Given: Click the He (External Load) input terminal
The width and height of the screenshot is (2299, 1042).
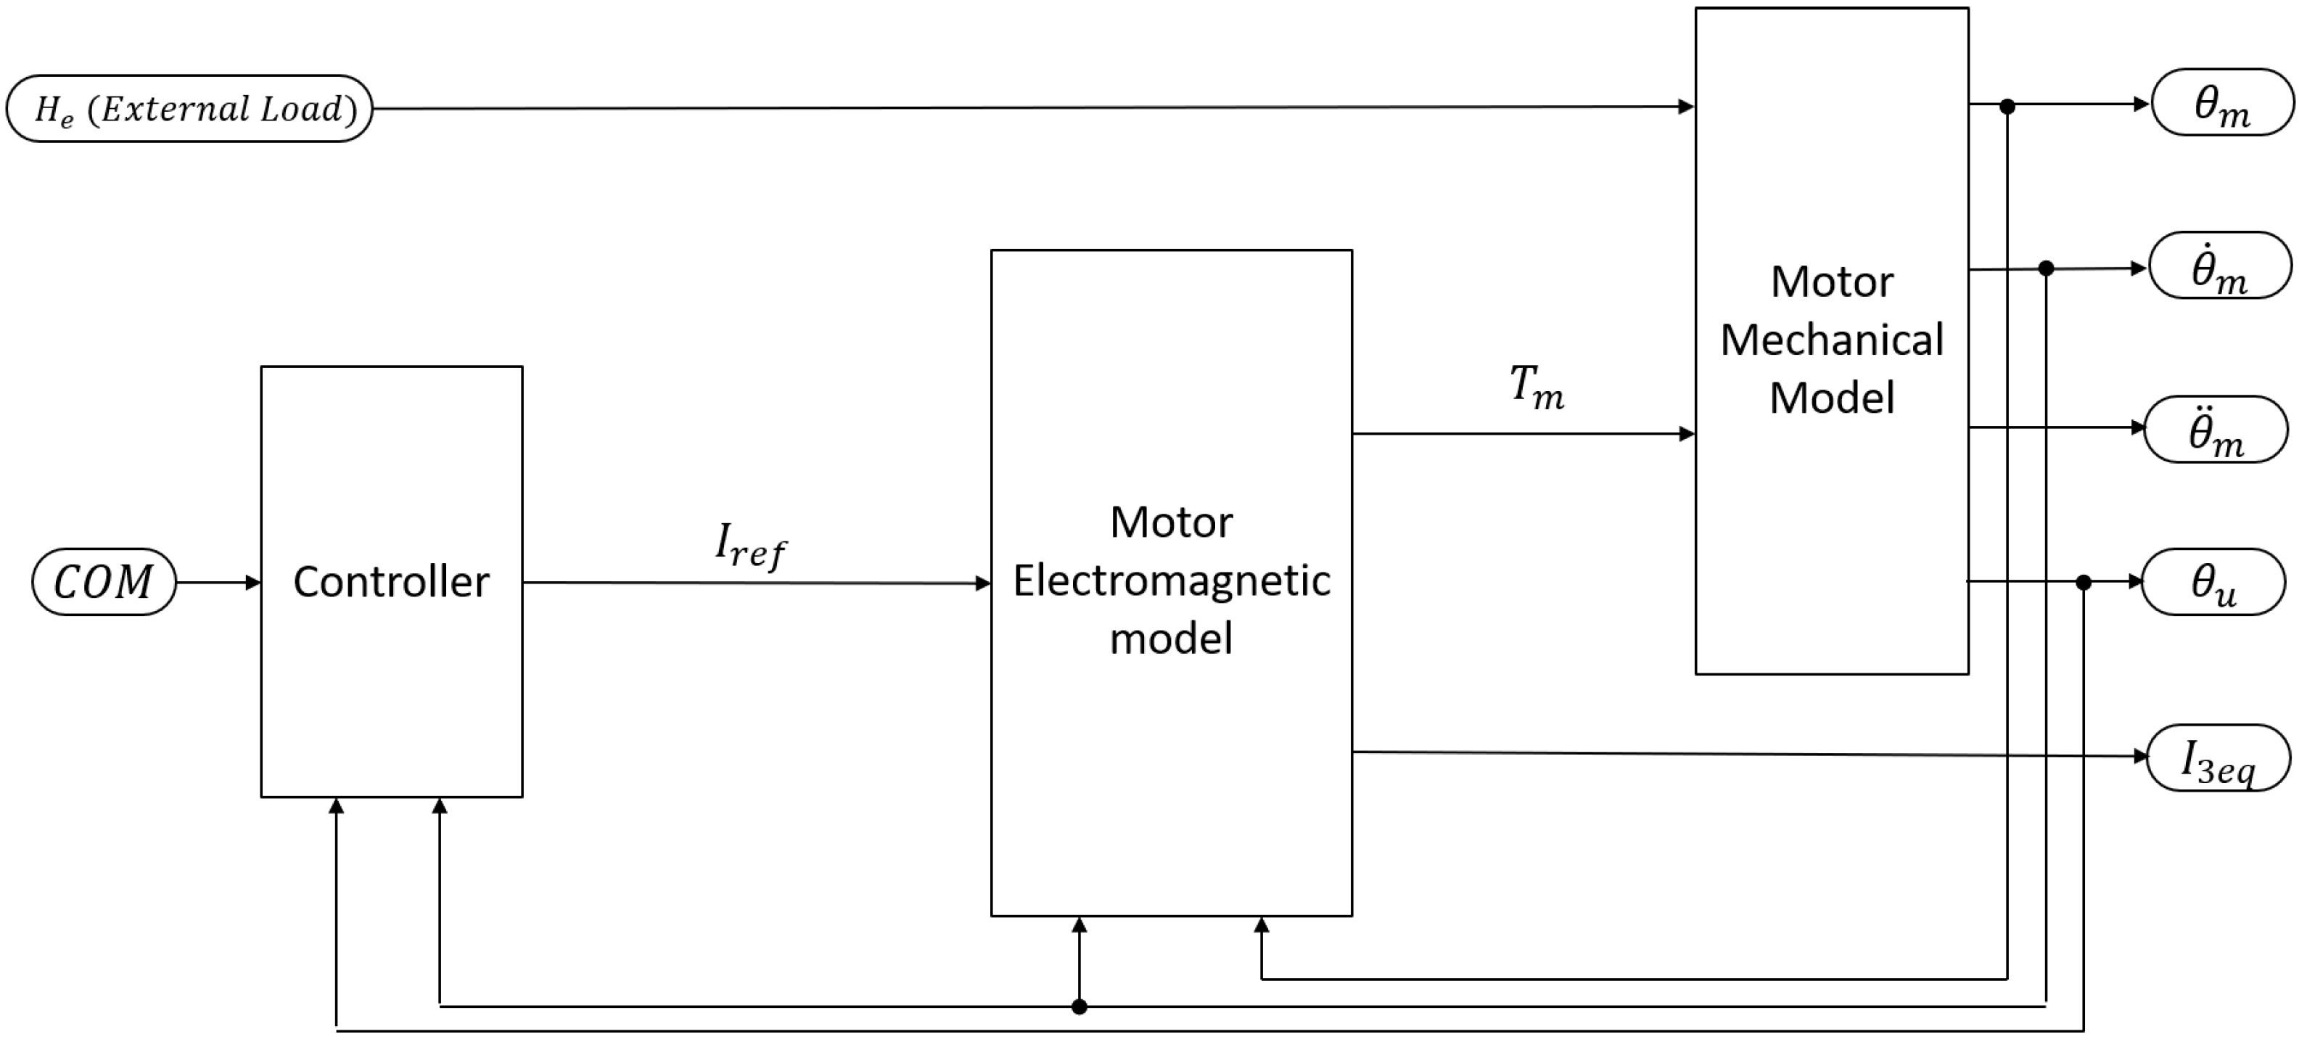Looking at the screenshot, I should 189,109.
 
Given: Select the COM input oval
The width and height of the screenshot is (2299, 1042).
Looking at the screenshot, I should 104,582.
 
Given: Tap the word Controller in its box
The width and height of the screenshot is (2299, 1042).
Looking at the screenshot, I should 391,582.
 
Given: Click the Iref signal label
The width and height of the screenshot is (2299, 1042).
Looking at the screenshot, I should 749,545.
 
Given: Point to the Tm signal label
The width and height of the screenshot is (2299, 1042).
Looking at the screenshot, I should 1536,387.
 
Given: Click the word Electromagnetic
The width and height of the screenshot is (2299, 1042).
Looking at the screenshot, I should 1171,581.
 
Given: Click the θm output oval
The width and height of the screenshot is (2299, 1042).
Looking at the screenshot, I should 2221,104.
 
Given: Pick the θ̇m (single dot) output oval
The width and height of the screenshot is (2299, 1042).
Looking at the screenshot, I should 2220,266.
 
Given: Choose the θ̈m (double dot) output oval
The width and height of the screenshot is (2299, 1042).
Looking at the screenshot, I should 2216,430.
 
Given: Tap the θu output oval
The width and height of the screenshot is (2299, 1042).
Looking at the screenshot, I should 2214,582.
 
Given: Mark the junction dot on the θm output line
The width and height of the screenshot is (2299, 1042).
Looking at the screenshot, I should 2007,106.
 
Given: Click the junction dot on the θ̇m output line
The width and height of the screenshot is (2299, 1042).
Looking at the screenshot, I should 2047,268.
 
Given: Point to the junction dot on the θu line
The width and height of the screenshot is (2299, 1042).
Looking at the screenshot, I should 2083,582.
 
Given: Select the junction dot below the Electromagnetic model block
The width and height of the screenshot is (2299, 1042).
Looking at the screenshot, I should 1079,1007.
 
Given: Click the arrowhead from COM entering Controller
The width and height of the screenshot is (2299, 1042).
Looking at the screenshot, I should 253,582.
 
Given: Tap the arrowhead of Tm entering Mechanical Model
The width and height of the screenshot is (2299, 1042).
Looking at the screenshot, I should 1687,434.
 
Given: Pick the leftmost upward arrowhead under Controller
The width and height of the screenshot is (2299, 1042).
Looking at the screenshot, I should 337,806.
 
